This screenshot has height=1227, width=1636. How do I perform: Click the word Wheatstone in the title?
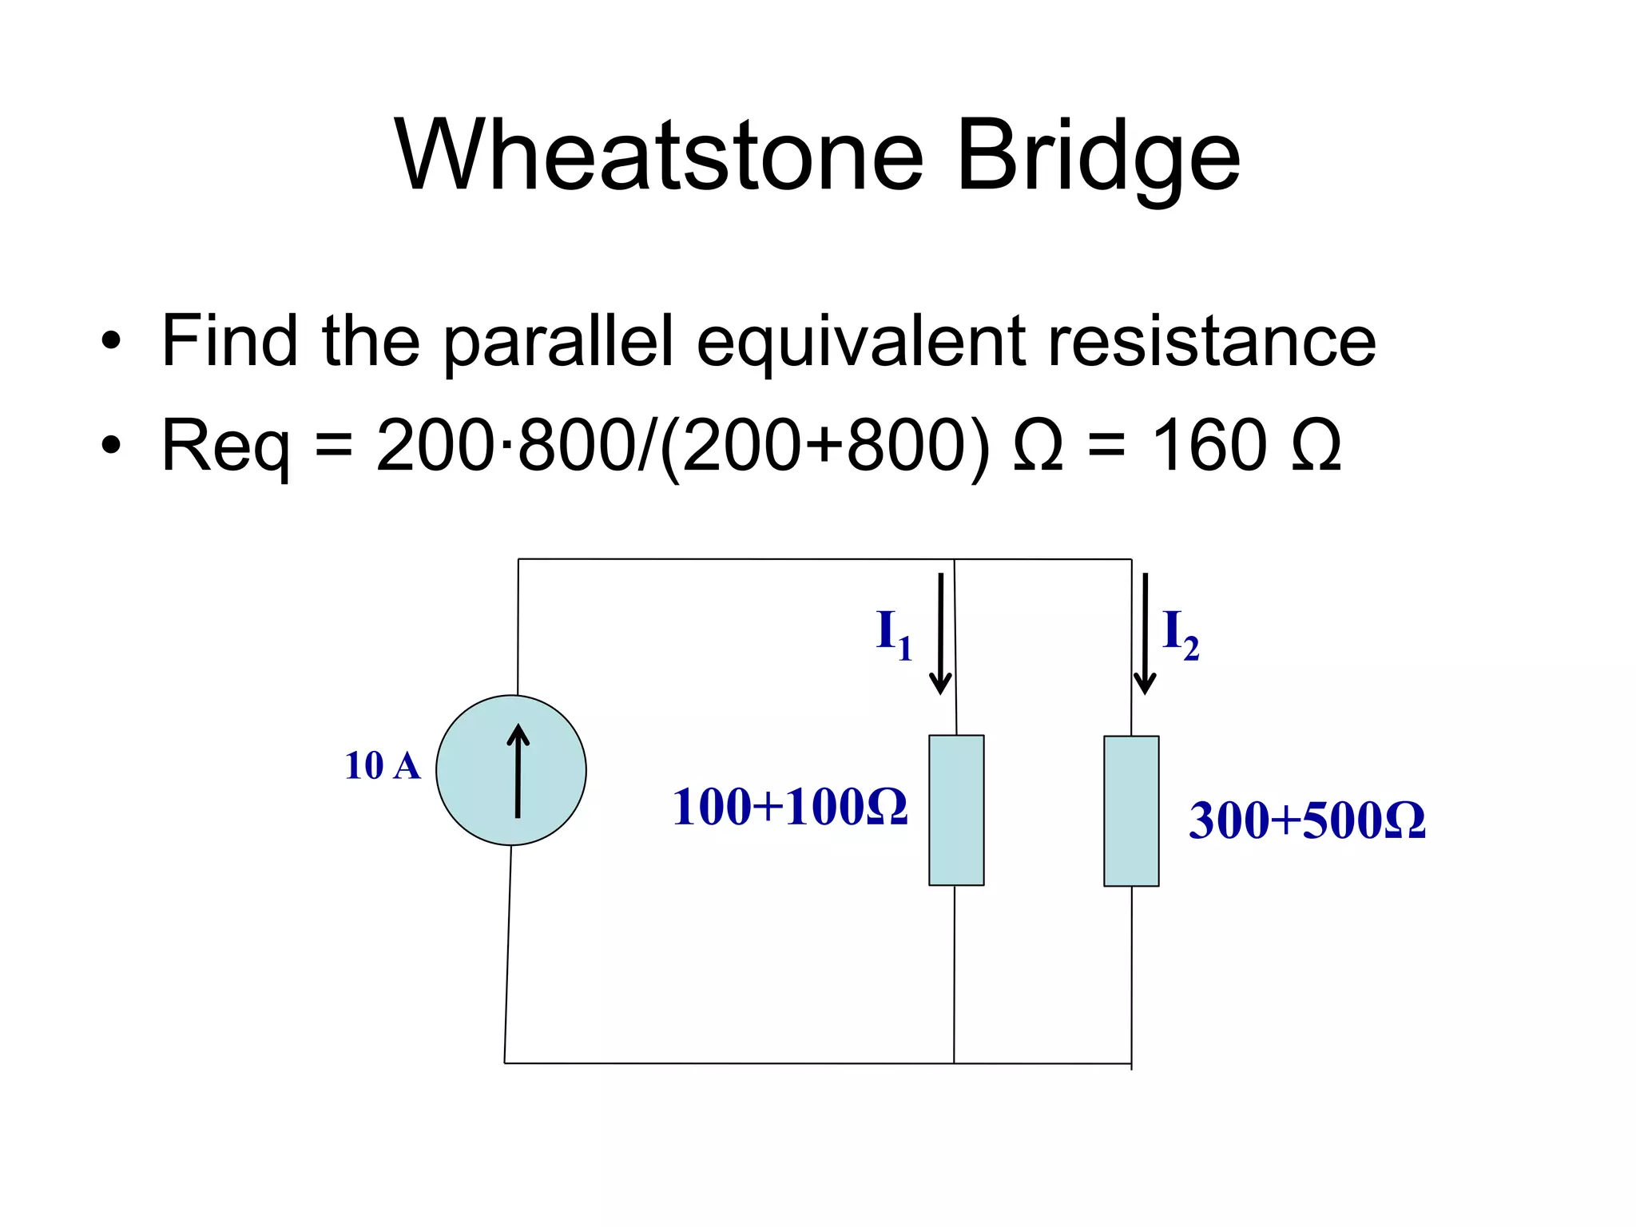(659, 155)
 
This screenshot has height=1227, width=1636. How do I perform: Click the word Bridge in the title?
(1098, 155)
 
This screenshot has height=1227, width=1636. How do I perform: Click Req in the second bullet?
(225, 446)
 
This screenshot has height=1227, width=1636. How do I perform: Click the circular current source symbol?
(511, 770)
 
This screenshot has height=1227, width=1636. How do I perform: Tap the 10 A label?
(382, 766)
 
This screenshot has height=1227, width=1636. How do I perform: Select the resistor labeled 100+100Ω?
(956, 810)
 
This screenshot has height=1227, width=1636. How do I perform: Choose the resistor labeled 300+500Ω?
(1131, 811)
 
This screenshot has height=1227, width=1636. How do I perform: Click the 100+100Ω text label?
(789, 807)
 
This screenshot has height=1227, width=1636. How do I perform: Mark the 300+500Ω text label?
(1307, 820)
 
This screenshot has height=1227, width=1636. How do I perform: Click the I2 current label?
(1180, 634)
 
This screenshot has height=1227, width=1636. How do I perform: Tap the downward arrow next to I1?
(940, 633)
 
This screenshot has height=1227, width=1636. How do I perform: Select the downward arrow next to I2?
(1145, 633)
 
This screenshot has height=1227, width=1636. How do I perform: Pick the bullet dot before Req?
(111, 447)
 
